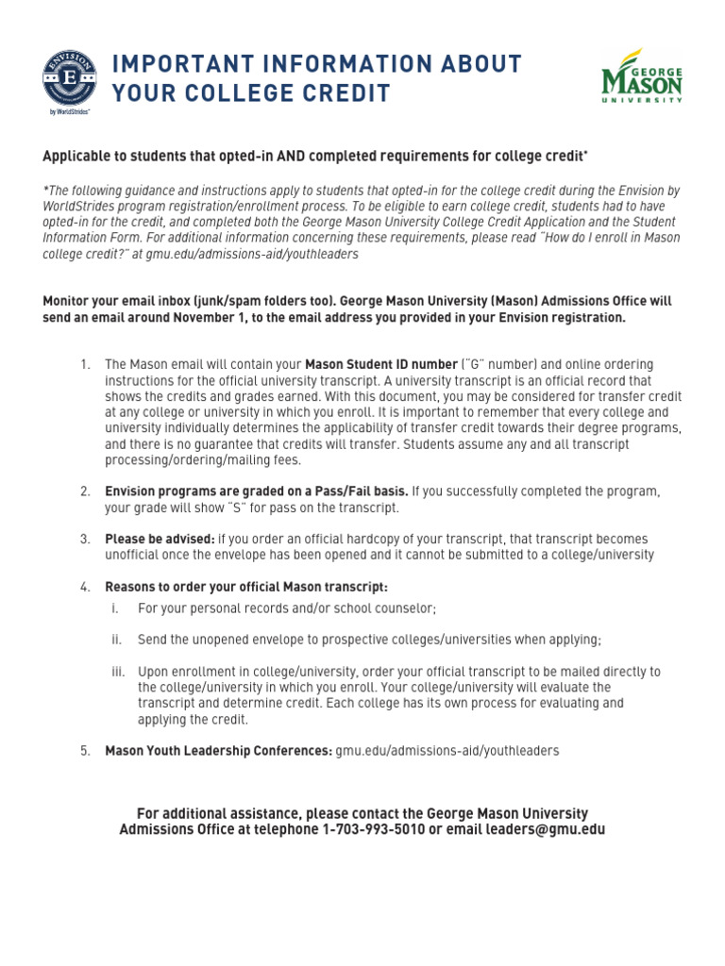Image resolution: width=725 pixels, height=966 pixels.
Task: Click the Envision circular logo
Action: click(68, 78)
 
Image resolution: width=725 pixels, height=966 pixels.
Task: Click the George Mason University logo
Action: click(642, 76)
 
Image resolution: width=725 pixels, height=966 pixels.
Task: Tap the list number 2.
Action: click(85, 491)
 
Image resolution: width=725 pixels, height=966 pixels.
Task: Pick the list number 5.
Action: click(85, 751)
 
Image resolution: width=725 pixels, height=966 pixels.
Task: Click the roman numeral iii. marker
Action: click(118, 672)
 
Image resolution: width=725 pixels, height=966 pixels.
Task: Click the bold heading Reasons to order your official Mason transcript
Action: click(246, 586)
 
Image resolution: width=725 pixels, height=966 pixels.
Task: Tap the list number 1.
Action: click(85, 364)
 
